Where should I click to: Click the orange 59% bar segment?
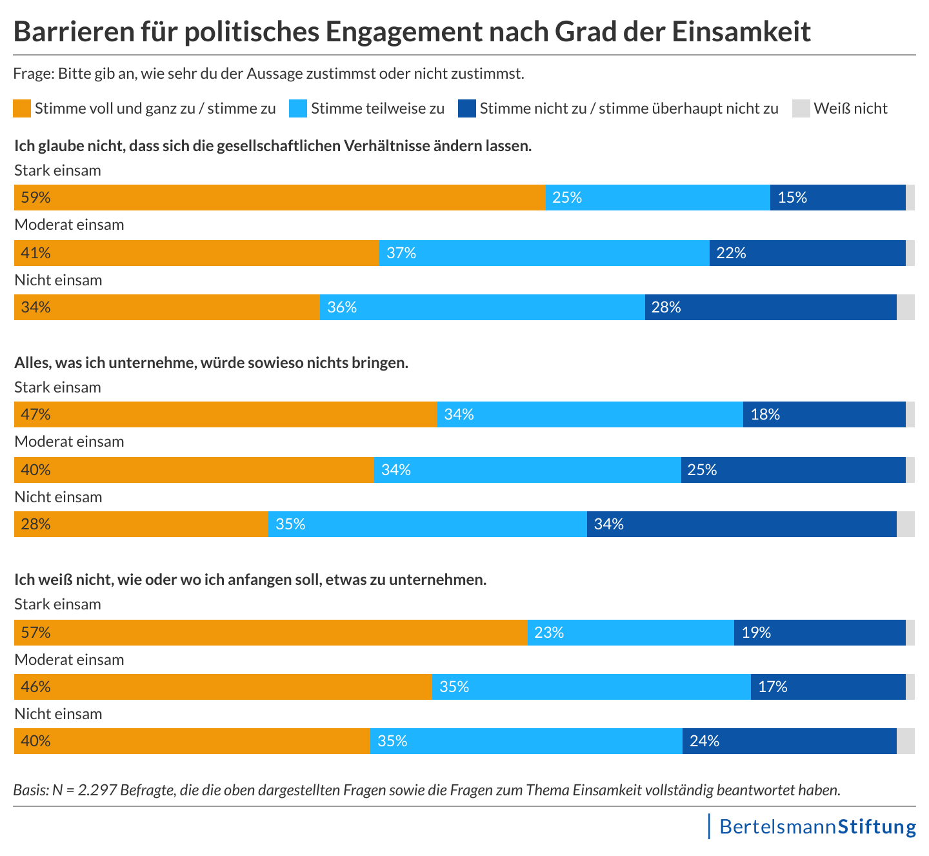279,198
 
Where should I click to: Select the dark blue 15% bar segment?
837,198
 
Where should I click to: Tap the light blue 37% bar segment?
544,253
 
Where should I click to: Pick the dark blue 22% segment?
807,253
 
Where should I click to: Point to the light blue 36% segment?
482,307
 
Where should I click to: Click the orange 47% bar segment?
225,414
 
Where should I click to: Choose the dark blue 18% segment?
824,414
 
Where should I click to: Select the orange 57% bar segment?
270,633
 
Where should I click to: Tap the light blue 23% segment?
630,633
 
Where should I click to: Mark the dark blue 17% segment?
828,687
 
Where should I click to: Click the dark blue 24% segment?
789,741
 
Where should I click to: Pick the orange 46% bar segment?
223,687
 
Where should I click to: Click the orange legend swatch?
22,108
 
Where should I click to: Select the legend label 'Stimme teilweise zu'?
377,108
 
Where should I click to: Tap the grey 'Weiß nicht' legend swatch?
801,108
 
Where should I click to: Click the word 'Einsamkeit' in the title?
741,32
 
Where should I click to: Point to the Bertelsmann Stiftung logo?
817,827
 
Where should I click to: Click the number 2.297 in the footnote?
97,790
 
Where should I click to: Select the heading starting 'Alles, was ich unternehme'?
212,363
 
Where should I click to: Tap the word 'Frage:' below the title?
34,74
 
